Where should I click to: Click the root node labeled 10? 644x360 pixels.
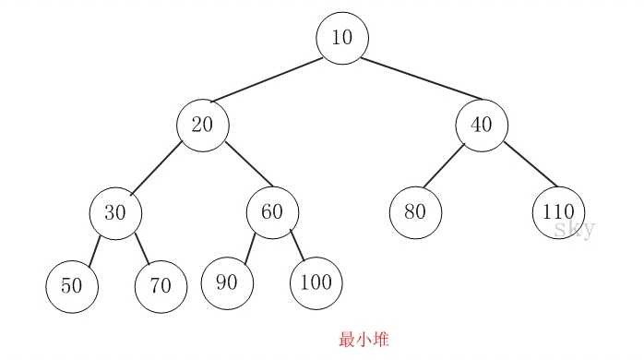click(342, 39)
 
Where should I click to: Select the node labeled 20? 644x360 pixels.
click(203, 125)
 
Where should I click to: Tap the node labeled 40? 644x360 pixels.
click(482, 125)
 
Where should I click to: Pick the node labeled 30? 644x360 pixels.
click(115, 212)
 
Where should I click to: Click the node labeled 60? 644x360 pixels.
click(271, 212)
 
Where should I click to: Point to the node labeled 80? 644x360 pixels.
click(414, 212)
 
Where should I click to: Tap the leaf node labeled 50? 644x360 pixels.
click(71, 286)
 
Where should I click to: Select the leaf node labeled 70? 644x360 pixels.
click(161, 286)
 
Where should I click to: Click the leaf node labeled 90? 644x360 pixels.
click(227, 282)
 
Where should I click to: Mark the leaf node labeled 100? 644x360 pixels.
click(316, 282)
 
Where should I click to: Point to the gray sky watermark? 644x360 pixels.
click(574, 230)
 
